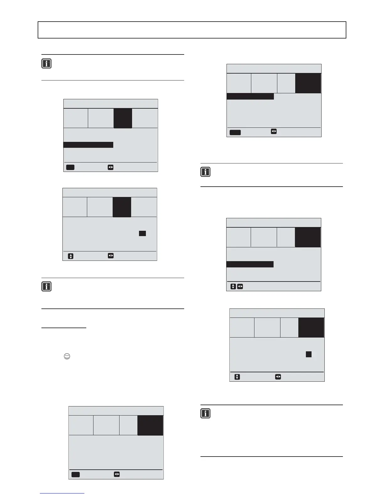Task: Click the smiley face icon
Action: point(67,356)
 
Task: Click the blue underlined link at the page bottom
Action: point(62,493)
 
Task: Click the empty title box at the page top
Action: point(192,30)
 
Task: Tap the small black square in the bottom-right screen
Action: point(309,354)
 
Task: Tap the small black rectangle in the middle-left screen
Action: point(142,233)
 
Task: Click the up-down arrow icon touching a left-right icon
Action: point(233,287)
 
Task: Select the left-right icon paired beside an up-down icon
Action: point(240,287)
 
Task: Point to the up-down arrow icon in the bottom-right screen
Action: point(237,377)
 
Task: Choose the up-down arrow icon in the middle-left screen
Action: point(71,256)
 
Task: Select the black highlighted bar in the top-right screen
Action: point(250,96)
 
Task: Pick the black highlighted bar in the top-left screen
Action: point(88,145)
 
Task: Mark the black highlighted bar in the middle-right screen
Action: point(250,264)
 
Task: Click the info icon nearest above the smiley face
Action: point(46,287)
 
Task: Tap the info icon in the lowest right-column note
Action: point(205,413)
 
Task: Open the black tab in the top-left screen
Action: point(123,118)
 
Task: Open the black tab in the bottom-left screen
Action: point(150,425)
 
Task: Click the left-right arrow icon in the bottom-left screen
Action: point(117,474)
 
